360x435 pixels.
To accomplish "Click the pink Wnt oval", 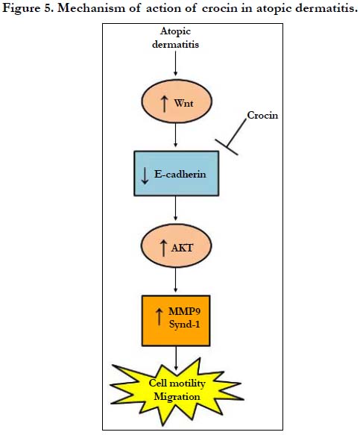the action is coord(177,101).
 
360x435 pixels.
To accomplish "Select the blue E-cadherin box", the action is coord(176,173).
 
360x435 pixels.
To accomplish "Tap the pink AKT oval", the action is coord(176,245).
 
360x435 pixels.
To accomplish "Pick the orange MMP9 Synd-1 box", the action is coord(176,320).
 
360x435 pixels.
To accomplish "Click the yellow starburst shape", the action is coord(176,391).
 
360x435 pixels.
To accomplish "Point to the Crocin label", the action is coord(262,115).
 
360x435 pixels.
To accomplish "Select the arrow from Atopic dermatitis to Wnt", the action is coord(175,63).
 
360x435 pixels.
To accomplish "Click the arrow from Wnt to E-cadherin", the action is coord(175,135).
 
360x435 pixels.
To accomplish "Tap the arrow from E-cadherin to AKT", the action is coord(175,208).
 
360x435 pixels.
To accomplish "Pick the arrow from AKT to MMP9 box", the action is coord(175,279).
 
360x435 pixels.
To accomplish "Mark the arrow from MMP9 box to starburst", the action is coord(176,358).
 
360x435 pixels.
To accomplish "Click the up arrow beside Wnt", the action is coord(164,104).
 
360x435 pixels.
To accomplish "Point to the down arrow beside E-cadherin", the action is coord(145,176).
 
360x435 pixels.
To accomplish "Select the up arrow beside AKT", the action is coord(163,248).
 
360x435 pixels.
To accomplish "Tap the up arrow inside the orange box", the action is coord(159,317).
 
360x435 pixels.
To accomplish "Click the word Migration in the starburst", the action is coord(177,397).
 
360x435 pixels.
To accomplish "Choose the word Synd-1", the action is coord(184,324).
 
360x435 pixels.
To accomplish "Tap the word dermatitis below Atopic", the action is coord(175,44).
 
